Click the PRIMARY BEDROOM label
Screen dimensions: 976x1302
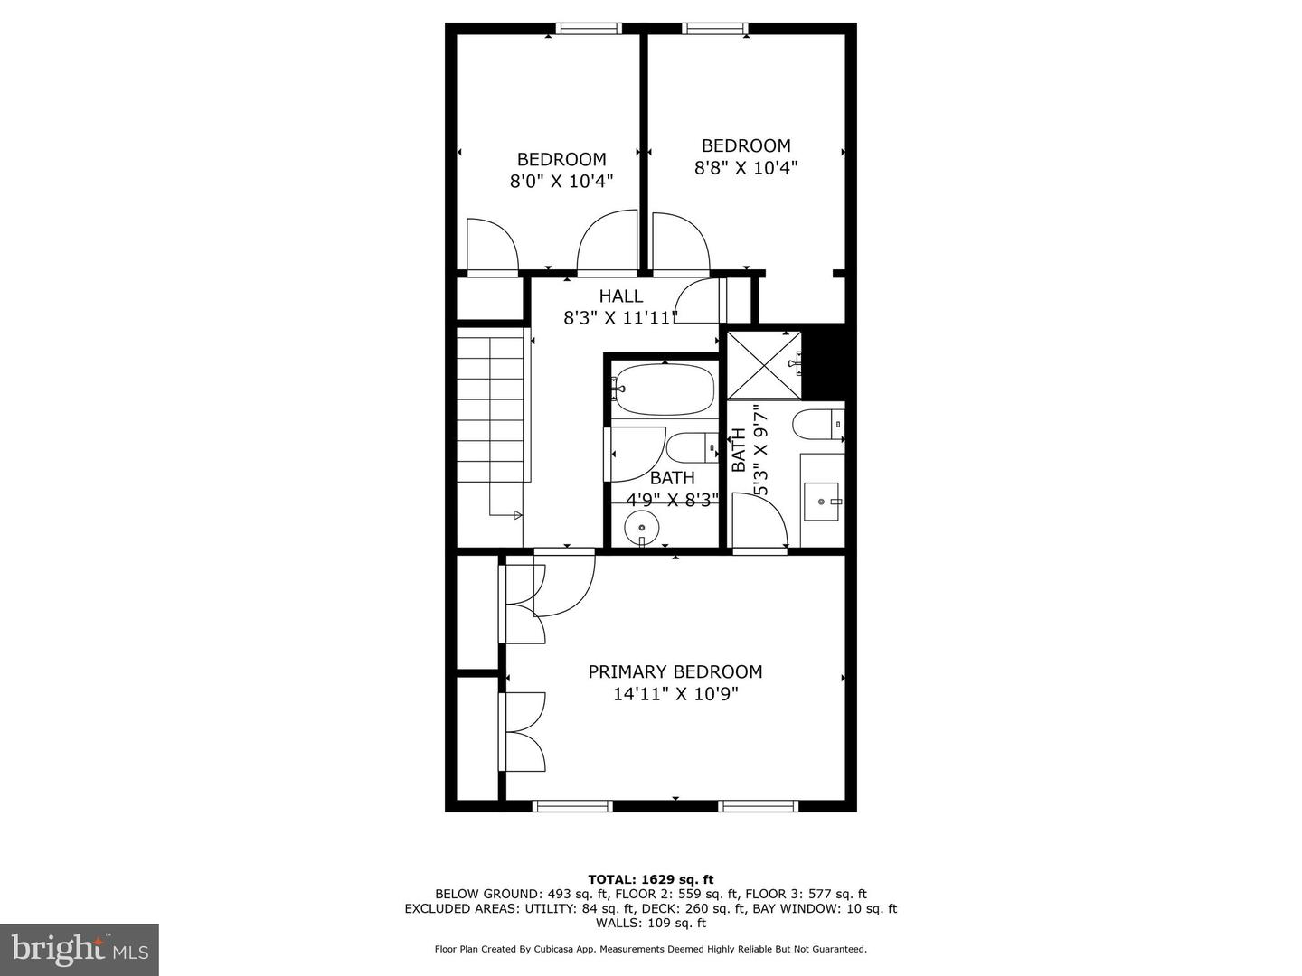pyautogui.click(x=675, y=671)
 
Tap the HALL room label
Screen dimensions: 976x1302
pyautogui.click(x=621, y=296)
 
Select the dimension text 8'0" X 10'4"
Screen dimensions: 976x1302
pyautogui.click(x=561, y=181)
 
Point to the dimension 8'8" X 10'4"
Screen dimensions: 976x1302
pyautogui.click(x=746, y=167)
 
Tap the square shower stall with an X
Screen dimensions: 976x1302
pyautogui.click(x=765, y=365)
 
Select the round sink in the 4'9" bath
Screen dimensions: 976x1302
pyautogui.click(x=642, y=525)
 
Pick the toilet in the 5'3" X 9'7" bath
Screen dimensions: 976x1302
pyautogui.click(x=817, y=424)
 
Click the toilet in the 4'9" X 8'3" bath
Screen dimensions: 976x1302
pyautogui.click(x=692, y=446)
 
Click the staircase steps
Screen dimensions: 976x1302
pyautogui.click(x=491, y=407)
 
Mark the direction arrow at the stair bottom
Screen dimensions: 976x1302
pyautogui.click(x=517, y=515)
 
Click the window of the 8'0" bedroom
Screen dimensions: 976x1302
pyautogui.click(x=589, y=29)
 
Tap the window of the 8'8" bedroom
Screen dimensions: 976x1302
pyautogui.click(x=716, y=29)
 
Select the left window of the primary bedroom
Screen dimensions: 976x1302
pyautogui.click(x=571, y=805)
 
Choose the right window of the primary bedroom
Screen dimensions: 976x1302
pyautogui.click(x=758, y=805)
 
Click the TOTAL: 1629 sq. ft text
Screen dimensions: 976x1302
pyautogui.click(x=650, y=879)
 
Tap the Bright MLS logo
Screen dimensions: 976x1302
pyautogui.click(x=80, y=949)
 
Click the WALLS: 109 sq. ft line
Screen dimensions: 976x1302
pyautogui.click(x=650, y=923)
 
